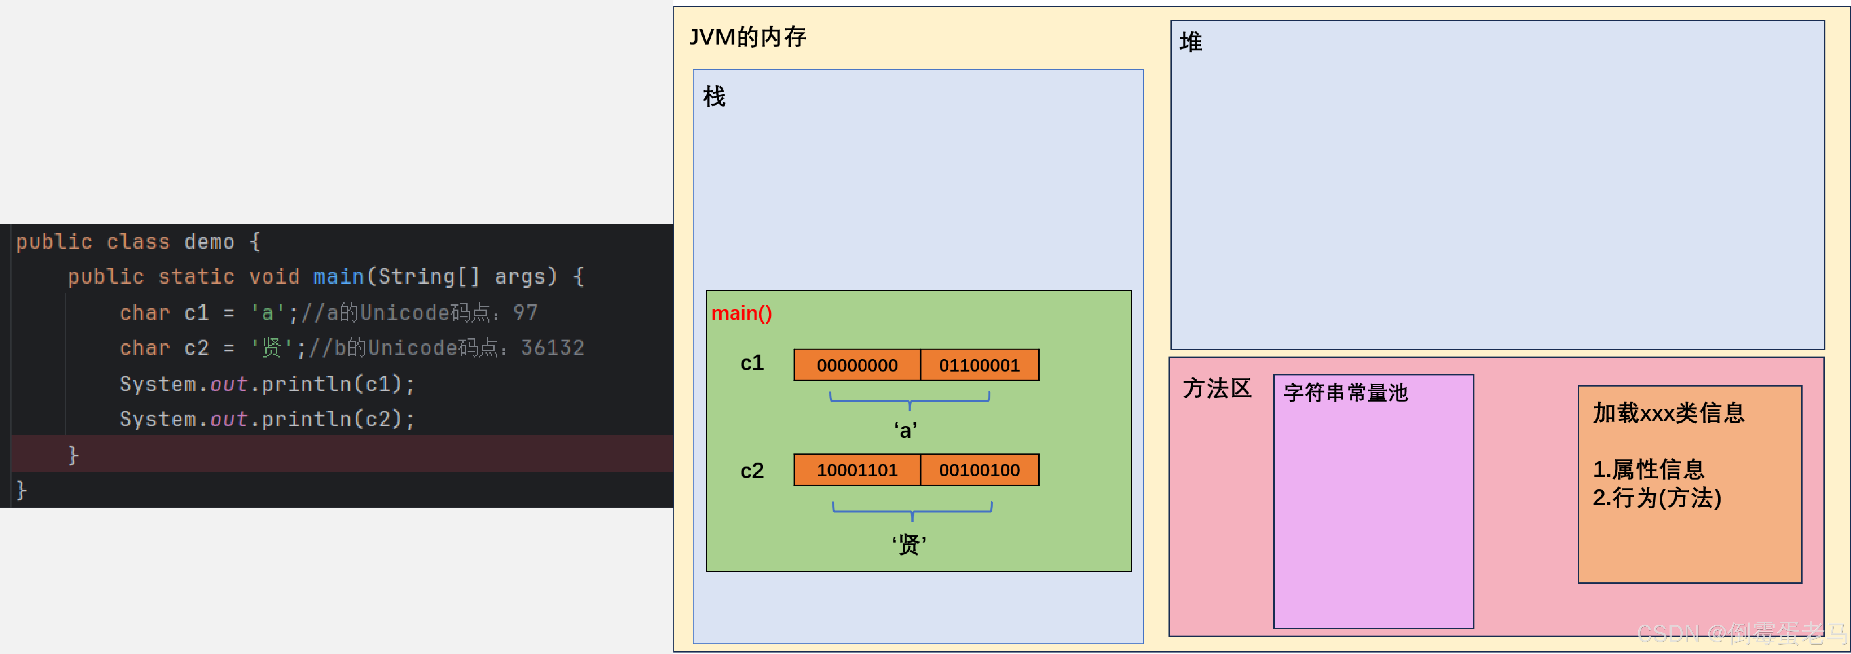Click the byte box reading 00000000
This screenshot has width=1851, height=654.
tap(857, 365)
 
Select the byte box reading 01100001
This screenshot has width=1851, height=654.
tap(979, 365)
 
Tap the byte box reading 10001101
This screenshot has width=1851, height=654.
tap(857, 470)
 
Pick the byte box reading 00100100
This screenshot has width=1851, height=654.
tap(979, 470)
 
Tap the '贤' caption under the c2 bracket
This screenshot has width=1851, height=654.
tap(909, 544)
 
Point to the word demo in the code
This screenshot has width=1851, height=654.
tap(209, 241)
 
